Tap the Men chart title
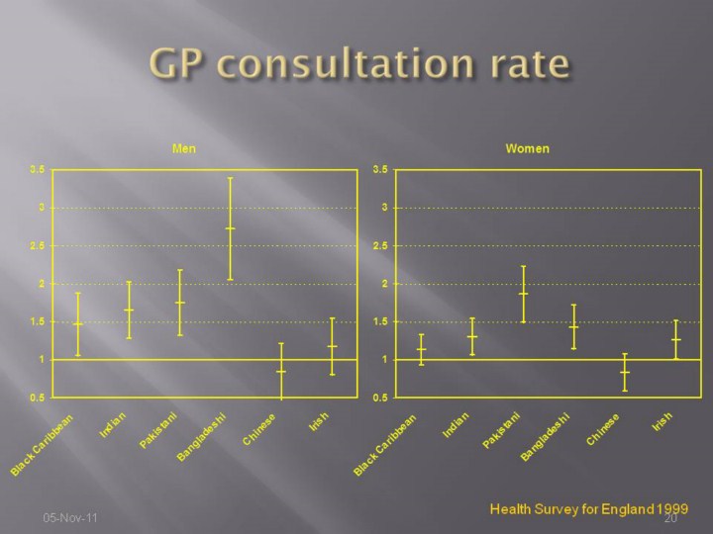coord(184,148)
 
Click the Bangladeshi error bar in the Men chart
coord(231,228)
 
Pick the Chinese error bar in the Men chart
coord(281,371)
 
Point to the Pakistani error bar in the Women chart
coord(524,294)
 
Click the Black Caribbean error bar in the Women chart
coord(421,349)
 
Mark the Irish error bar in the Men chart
coord(333,346)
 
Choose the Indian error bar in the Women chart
coord(472,336)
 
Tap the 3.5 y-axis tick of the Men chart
coord(37,169)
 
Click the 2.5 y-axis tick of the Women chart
coord(380,245)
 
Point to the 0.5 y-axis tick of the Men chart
coord(37,398)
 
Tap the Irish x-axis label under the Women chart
coord(662,422)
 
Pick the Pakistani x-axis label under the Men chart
coord(158,430)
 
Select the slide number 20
coord(669,518)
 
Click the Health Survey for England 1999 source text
coord(589,508)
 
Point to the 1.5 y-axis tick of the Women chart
coord(380,321)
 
